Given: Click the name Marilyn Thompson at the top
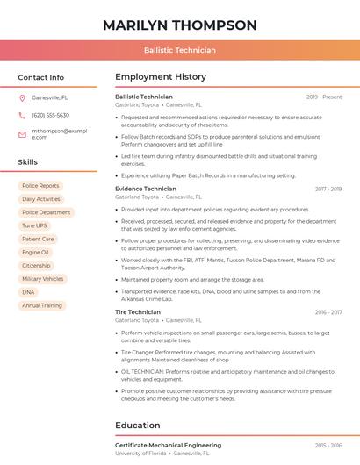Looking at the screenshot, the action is pos(179,25).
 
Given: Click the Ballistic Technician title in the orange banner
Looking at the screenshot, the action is pos(179,50).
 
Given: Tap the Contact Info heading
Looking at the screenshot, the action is pos(40,77).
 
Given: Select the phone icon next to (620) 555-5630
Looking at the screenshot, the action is pos(22,115).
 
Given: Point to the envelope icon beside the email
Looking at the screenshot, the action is pos(22,134).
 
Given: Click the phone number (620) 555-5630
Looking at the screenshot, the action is pos(50,115).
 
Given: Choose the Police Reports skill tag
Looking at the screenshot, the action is pos(40,186).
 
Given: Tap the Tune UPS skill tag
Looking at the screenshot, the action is pos(35,225).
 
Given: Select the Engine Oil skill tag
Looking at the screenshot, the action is pos(35,252).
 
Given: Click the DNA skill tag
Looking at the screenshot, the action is pos(29,292).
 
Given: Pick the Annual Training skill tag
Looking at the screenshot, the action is pos(42,305).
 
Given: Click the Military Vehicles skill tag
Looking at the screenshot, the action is pos(42,279).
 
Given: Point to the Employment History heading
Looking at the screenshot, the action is pos(161,77).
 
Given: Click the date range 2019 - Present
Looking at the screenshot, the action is pos(324,97).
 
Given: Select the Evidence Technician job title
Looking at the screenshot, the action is pos(146,189).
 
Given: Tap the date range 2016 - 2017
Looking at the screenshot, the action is pos(328,312).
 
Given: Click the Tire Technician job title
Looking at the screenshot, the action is pos(138,312).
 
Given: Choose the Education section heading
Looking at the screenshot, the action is pos(137,426).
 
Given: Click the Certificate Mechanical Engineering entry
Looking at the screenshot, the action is pos(168,446).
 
